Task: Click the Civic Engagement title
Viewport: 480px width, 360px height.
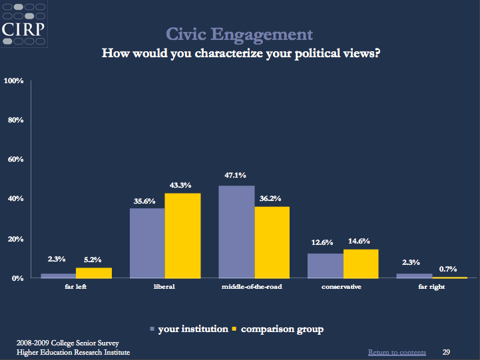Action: click(x=239, y=33)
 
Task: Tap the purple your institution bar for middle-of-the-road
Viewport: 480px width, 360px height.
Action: click(x=236, y=232)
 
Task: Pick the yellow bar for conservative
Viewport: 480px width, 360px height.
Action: click(x=361, y=264)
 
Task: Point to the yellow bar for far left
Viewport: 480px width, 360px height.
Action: click(x=93, y=272)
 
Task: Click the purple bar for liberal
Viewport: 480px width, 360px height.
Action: click(x=147, y=243)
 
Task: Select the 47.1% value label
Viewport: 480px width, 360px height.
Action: click(x=236, y=176)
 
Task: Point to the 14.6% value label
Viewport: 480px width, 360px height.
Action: click(x=361, y=241)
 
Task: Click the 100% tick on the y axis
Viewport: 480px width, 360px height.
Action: click(x=14, y=81)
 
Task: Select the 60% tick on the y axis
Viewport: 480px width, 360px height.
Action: click(x=15, y=160)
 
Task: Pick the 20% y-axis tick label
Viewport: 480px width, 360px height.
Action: click(x=15, y=238)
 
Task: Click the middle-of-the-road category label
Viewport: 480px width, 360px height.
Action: click(x=253, y=287)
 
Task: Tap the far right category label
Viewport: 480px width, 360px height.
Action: click(x=431, y=287)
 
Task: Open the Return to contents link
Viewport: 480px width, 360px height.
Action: click(x=397, y=352)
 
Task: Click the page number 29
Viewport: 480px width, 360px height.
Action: click(x=447, y=351)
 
